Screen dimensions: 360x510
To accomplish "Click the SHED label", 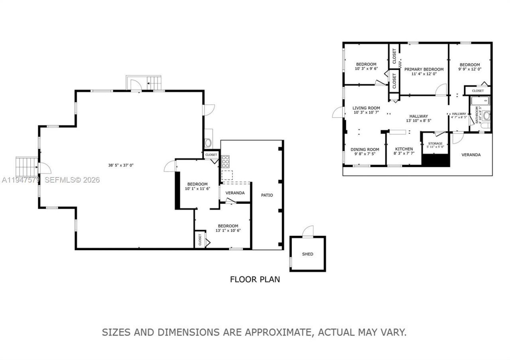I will point(308,254).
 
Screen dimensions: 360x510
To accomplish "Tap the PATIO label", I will point(267,195).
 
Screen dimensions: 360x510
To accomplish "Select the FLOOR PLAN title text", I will point(255,279).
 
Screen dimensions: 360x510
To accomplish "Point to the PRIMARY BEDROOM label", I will point(424,69).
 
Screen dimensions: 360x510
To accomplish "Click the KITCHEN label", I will point(404,149).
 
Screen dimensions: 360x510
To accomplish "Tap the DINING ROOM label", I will point(365,150).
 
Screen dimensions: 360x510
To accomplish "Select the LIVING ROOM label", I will point(366,108).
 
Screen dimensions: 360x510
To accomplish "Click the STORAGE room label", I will point(435,143).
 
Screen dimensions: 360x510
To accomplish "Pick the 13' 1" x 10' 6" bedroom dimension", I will point(228,231).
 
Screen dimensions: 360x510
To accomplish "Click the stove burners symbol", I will point(226,161).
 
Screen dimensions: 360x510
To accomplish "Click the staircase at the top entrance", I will point(154,83).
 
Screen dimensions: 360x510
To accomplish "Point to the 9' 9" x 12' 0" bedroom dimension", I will point(470,69).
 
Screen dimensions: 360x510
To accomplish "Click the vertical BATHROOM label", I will point(477,114).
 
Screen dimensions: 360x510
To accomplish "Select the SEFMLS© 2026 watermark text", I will point(72,180).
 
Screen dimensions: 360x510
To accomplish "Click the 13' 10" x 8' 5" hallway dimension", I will point(418,121).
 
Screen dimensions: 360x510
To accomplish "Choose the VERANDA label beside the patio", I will point(235,193).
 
